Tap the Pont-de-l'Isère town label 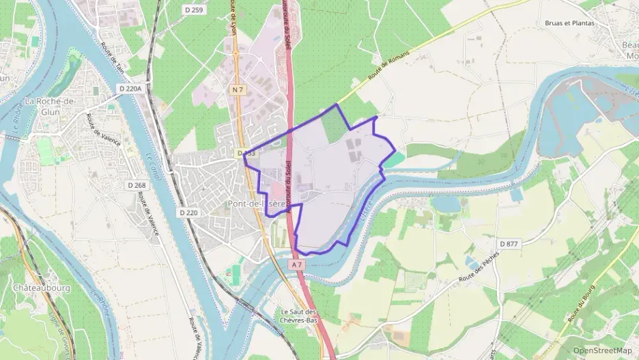[256, 204]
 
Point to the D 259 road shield [195, 10]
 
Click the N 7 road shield [238, 89]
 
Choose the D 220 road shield [188, 212]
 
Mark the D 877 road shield [509, 243]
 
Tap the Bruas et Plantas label [569, 23]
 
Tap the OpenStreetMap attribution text [602, 350]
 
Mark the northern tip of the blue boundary [336, 105]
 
